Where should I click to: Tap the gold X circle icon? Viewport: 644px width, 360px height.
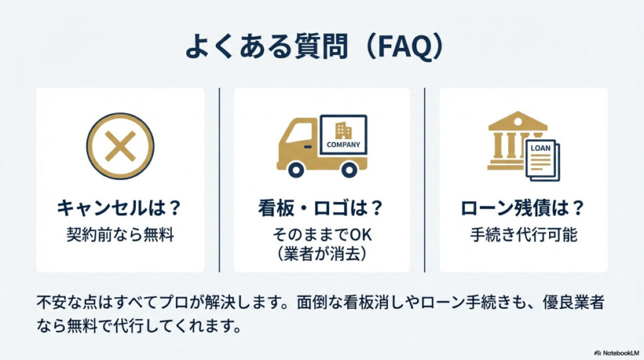[119, 146]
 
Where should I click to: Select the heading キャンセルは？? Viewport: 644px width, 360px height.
[119, 208]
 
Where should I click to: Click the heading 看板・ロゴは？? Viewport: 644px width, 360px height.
[321, 208]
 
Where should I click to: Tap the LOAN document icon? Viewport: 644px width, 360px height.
[542, 159]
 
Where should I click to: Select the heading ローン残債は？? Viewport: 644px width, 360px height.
[523, 208]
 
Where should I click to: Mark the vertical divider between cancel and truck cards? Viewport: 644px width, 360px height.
[219, 179]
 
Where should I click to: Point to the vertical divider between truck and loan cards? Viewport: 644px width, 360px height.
[425, 179]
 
